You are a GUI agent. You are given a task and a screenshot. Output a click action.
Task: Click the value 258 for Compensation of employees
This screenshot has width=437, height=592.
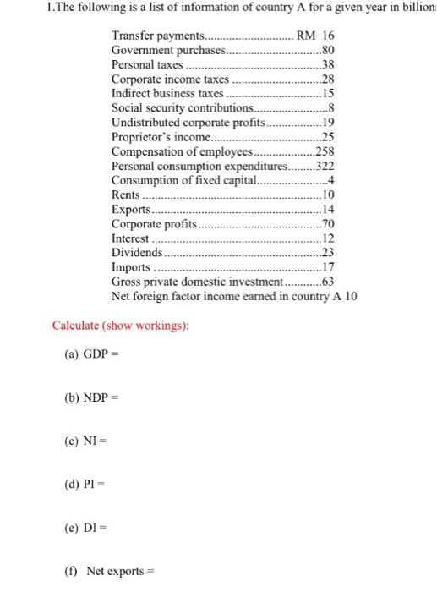pyautogui.click(x=325, y=152)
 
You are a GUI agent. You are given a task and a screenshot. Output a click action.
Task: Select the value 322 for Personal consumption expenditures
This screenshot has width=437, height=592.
pyautogui.click(x=325, y=167)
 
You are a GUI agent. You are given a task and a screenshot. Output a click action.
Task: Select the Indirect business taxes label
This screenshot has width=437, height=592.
pyautogui.click(x=167, y=95)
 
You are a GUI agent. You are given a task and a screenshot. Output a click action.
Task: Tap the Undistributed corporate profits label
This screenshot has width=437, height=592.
pyautogui.click(x=188, y=123)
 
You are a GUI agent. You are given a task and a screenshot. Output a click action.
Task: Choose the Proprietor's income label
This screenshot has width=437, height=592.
pyautogui.click(x=159, y=138)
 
